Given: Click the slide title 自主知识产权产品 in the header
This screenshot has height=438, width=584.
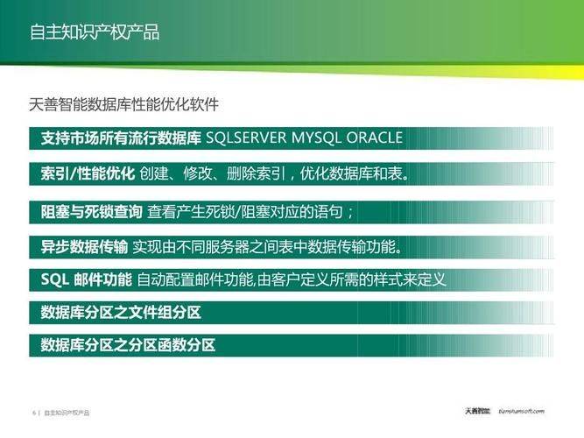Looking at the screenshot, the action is coord(95,32).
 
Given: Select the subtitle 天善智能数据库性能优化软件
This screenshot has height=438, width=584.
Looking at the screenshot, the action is coord(123,104).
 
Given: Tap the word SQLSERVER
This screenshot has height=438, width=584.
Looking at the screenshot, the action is coord(245,138).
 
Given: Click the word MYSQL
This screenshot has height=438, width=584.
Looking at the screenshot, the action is coord(316,138).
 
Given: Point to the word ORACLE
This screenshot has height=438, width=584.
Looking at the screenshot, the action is coord(375,138).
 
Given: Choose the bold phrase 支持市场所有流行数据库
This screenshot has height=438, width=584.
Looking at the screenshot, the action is coord(121,138).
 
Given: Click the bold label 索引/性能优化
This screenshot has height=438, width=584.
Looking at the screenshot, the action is coord(88,173).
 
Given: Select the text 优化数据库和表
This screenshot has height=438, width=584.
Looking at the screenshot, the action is coord(355,173).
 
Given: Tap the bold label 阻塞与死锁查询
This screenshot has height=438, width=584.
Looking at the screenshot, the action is coord(91,212).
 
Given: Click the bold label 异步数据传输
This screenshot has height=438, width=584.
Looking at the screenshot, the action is coord(84,246).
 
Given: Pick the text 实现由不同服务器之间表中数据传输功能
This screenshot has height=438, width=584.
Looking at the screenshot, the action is coord(267,246).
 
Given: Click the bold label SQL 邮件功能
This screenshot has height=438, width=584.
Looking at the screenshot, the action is coord(87,279).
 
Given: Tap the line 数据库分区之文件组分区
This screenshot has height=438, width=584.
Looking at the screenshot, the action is coord(121,312).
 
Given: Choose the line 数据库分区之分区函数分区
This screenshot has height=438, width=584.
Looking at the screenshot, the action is coord(128,345).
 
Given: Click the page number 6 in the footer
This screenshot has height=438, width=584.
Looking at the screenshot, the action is coord(34,413).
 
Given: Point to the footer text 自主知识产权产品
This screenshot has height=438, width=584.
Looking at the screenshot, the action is coord(67,413).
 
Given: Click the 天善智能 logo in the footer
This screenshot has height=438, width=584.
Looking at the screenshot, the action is coord(477,411).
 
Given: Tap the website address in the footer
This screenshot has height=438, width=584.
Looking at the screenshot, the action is coord(521,411).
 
